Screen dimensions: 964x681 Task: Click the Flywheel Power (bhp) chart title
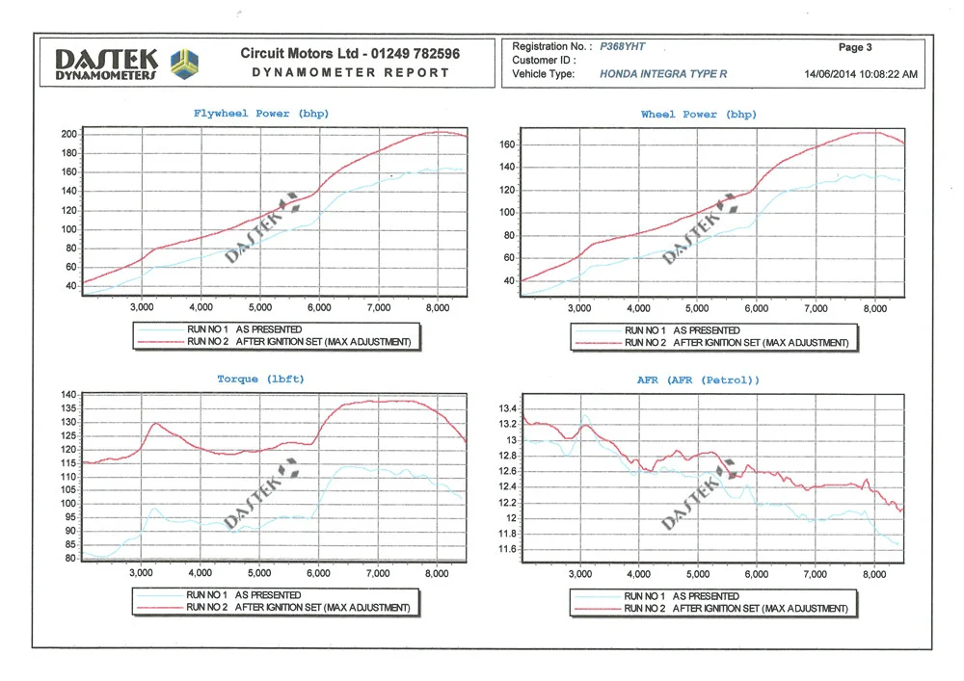tap(261, 114)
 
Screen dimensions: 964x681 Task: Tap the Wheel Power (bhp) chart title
tap(698, 115)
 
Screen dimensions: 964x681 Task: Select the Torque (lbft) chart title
tap(260, 379)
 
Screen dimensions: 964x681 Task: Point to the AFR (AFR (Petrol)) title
tap(698, 380)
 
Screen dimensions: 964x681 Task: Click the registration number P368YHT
tap(622, 46)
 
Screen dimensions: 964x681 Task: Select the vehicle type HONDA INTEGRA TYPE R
tap(663, 74)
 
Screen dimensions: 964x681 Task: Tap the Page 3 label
tap(855, 47)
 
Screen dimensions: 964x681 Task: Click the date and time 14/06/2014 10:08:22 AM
tap(861, 74)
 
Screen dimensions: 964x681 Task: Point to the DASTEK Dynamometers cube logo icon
tap(184, 64)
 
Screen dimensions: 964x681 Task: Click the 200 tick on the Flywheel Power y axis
tap(68, 135)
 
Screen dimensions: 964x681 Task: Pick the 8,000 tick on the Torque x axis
tap(437, 573)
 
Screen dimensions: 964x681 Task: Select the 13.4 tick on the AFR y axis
tap(508, 408)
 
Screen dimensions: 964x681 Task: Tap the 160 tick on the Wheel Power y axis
tap(507, 144)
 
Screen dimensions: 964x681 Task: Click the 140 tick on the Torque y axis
tap(68, 395)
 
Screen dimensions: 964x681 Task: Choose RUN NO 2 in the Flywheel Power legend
tap(208, 341)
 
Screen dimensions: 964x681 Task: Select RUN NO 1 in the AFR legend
tap(644, 596)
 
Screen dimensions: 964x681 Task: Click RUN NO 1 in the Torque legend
tap(206, 595)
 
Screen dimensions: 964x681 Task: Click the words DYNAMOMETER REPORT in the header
tap(351, 72)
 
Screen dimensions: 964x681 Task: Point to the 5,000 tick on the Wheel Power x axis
tap(697, 308)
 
